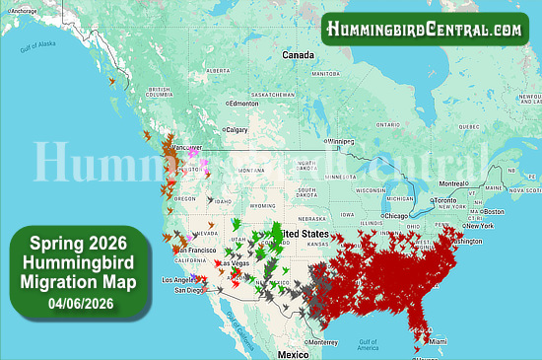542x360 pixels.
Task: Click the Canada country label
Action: tap(298, 55)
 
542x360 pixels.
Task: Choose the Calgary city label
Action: tap(237, 129)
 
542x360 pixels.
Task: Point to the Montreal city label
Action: tap(454, 183)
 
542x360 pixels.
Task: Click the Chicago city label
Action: tap(397, 215)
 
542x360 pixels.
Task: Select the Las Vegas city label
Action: tap(234, 263)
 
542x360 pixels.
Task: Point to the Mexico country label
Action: tap(293, 352)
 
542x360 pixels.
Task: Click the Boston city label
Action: tap(494, 211)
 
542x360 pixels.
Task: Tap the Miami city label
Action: tap(436, 341)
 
